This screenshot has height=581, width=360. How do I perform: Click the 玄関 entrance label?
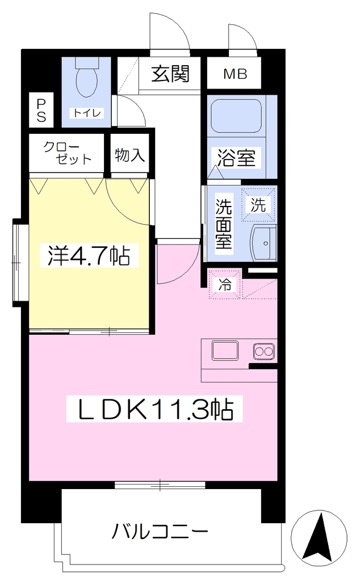[170, 74]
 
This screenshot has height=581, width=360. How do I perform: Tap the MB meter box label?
[235, 74]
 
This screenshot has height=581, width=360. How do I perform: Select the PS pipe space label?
[41, 111]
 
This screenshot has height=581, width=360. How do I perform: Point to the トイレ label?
[87, 113]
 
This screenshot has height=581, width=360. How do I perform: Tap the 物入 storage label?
[130, 154]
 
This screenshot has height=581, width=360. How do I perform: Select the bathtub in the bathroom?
[236, 116]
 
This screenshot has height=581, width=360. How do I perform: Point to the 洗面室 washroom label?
[224, 223]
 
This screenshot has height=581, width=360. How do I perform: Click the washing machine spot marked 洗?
[258, 205]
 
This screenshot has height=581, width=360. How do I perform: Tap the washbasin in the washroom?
[263, 243]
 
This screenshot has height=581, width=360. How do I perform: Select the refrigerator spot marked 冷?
[225, 285]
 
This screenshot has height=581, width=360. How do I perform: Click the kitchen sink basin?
[225, 351]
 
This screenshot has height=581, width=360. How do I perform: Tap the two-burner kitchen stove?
[264, 351]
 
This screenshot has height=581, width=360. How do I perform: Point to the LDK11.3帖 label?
[154, 409]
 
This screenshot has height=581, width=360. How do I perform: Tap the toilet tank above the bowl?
[87, 62]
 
